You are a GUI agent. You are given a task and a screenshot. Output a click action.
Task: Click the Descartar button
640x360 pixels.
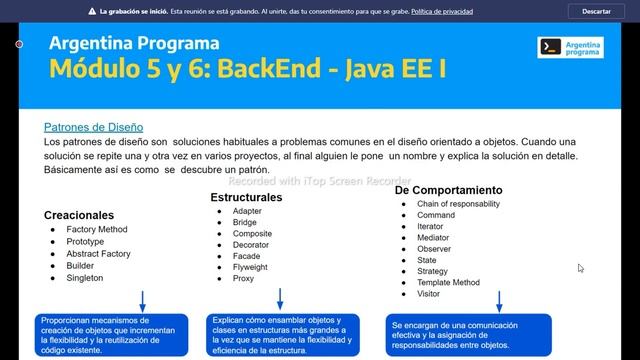[596, 11]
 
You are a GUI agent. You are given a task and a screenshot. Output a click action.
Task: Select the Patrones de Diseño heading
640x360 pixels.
[93, 127]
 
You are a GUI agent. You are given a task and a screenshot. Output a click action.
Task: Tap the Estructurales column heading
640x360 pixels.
[246, 197]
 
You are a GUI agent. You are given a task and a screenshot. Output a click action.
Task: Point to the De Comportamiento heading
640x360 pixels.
[448, 189]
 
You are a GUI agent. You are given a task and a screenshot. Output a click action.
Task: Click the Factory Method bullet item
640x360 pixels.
[97, 229]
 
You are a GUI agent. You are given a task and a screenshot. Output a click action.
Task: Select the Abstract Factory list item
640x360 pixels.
[98, 254]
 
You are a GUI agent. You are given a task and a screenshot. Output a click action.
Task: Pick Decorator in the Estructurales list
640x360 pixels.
[252, 243]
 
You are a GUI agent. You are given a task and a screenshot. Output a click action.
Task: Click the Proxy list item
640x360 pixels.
[244, 279]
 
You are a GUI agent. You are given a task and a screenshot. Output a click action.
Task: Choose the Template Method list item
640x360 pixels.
[448, 283]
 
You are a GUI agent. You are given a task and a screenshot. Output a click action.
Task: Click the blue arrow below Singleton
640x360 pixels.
[143, 301]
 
